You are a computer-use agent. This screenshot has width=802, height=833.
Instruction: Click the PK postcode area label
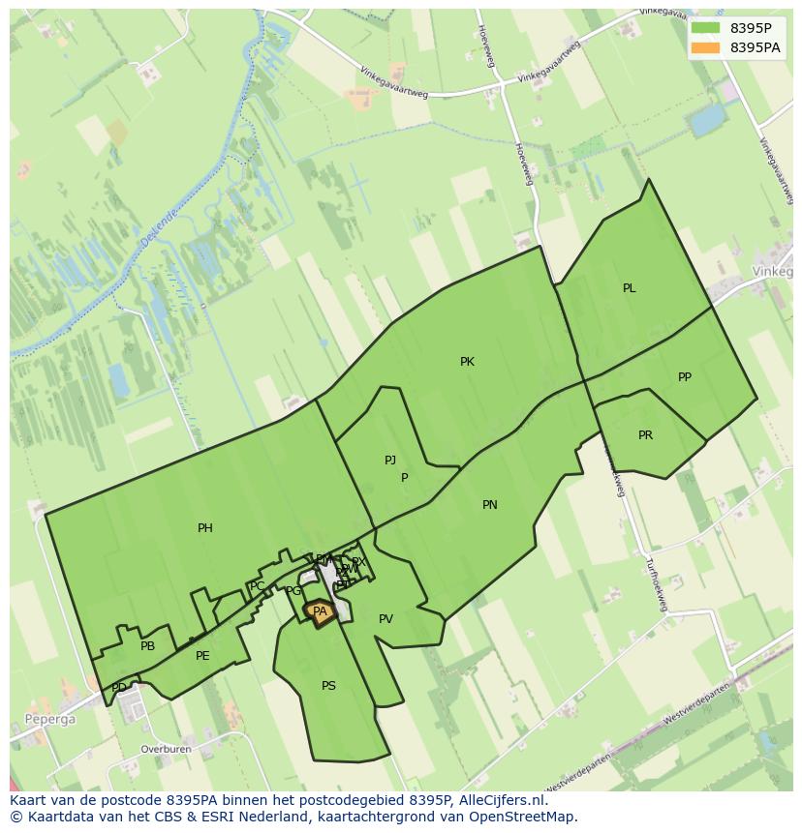467,362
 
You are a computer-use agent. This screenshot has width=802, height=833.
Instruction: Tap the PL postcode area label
629,288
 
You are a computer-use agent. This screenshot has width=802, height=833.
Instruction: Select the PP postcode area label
685,377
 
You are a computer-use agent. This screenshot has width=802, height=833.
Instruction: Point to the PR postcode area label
645,435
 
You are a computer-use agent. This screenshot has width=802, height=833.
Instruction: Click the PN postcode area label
490,505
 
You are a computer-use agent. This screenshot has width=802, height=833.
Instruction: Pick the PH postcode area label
205,528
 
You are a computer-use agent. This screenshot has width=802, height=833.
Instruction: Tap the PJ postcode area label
390,461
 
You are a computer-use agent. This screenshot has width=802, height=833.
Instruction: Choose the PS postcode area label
328,686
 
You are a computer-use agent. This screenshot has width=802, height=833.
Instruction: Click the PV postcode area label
386,619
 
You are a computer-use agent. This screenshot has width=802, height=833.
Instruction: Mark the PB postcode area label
147,646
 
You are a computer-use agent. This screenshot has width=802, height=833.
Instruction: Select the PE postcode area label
202,656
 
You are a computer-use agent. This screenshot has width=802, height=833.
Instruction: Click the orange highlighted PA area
320,611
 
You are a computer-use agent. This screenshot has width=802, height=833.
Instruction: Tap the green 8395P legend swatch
706,28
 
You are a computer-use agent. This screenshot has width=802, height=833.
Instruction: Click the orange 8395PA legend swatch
706,47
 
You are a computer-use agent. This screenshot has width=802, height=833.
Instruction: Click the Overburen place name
166,749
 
